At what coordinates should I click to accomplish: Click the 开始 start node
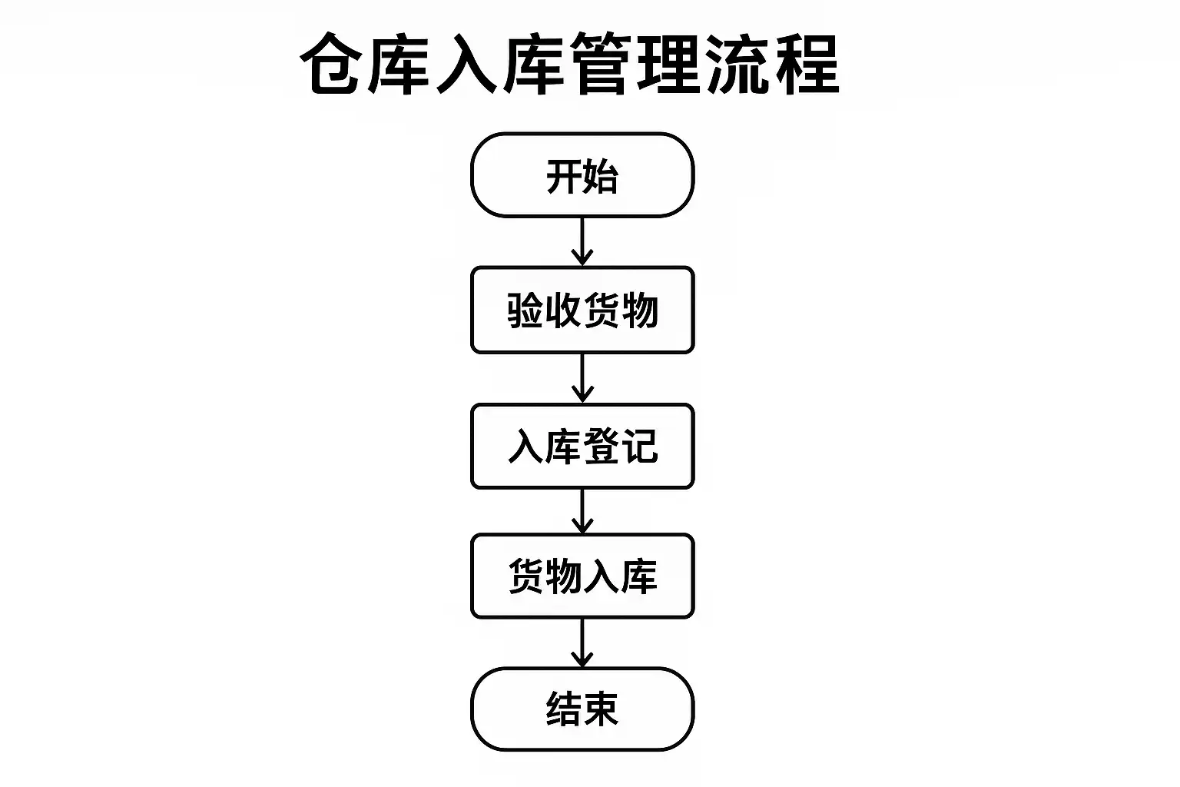coord(582,175)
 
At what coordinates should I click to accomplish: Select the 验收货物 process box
coord(582,310)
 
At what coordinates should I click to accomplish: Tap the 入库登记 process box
coord(582,446)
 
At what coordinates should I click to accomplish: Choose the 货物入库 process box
coord(582,576)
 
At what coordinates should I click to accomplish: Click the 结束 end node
coord(582,709)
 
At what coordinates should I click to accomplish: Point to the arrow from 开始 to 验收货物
coord(582,241)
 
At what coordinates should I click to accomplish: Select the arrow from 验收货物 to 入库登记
coord(582,377)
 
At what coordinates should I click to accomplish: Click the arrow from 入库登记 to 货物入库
coord(582,510)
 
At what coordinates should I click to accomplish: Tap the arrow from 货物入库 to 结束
coord(582,643)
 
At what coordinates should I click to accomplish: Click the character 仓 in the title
coord(333,65)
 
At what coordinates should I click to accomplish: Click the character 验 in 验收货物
coord(525,310)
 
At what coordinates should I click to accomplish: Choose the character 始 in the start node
coord(601,176)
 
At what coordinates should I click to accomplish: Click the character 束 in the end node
coord(601,709)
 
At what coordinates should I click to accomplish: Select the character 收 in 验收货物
coord(563,310)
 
